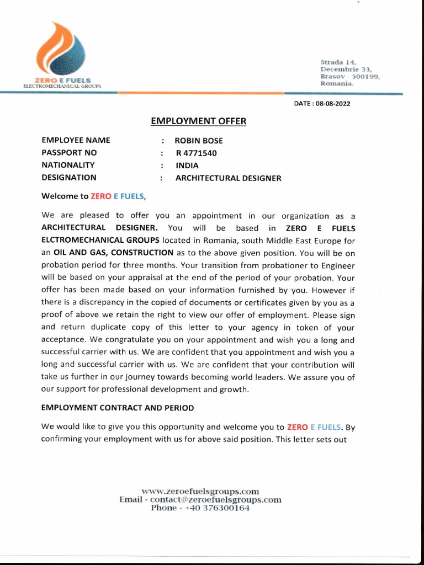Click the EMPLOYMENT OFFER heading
click(199, 121)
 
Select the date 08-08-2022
click(333, 103)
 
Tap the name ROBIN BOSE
click(199, 141)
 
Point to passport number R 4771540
click(197, 153)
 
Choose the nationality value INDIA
click(187, 166)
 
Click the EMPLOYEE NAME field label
click(76, 141)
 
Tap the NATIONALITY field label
click(68, 165)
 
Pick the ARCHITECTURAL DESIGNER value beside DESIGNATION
click(228, 178)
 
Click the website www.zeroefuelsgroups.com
click(200, 491)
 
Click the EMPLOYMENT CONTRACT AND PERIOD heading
click(118, 408)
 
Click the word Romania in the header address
click(337, 83)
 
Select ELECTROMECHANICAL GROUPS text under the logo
click(62, 87)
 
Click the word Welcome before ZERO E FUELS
click(57, 195)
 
